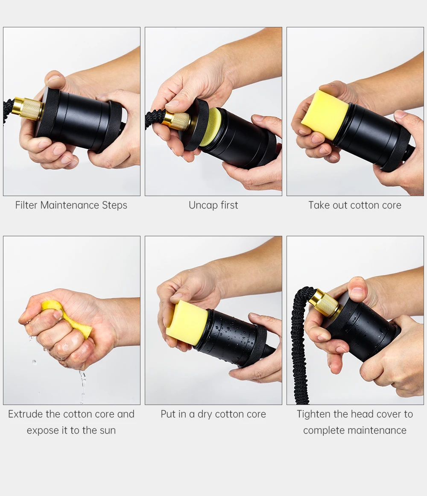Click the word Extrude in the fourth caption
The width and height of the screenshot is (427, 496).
(25, 414)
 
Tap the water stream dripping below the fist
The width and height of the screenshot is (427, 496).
(82, 386)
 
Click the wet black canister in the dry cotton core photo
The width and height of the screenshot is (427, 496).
(234, 338)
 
